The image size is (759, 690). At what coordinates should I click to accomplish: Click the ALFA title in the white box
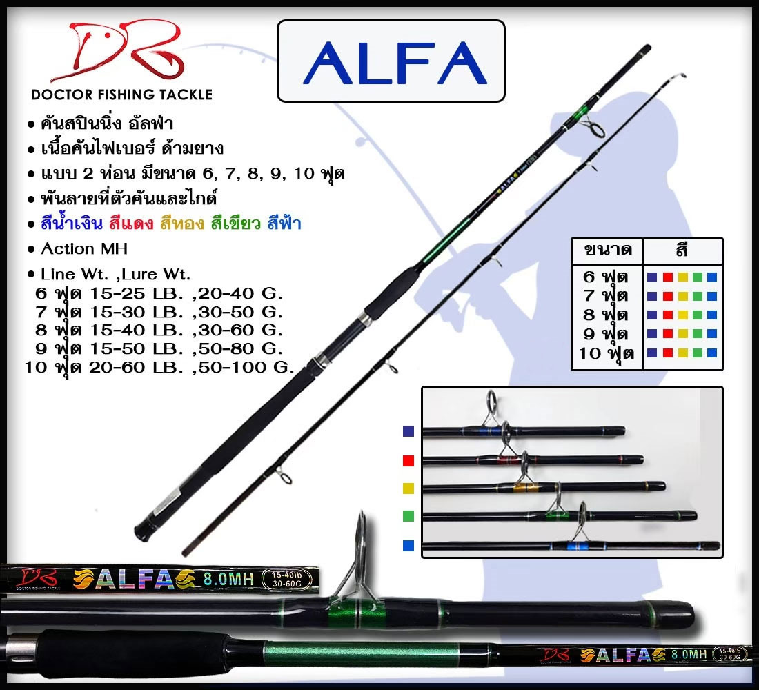[x=391, y=61]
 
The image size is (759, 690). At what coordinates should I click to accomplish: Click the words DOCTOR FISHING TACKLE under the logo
[x=121, y=95]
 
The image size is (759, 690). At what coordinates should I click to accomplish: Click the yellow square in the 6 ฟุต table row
[x=682, y=277]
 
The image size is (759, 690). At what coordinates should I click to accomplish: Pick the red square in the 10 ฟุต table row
[x=667, y=353]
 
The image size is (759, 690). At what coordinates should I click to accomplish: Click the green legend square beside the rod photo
[x=408, y=515]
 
